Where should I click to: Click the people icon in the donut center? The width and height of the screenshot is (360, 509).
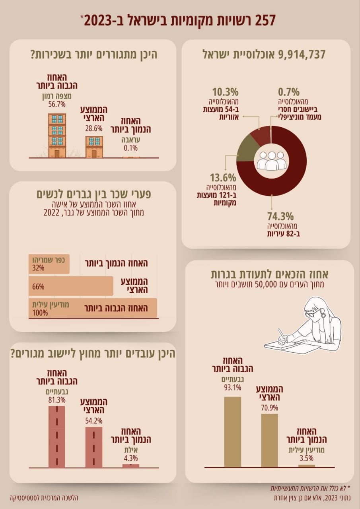271,161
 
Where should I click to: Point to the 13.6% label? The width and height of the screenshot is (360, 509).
223,178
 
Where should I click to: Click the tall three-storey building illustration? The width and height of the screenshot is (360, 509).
57,135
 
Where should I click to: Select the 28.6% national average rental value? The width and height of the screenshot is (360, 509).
94,128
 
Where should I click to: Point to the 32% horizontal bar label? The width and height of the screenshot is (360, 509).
38,268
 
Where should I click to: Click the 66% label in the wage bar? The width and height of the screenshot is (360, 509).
38,286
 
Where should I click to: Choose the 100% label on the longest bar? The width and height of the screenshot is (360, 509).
40,313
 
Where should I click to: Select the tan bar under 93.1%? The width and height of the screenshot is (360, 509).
233,431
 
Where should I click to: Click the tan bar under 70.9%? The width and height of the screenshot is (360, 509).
270,440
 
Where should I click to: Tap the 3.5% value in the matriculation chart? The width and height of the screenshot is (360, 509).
306,458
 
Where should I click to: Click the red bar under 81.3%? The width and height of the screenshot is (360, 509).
56,437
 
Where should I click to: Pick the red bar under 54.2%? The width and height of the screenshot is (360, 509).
94,447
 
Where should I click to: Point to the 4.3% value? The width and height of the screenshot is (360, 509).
130,458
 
